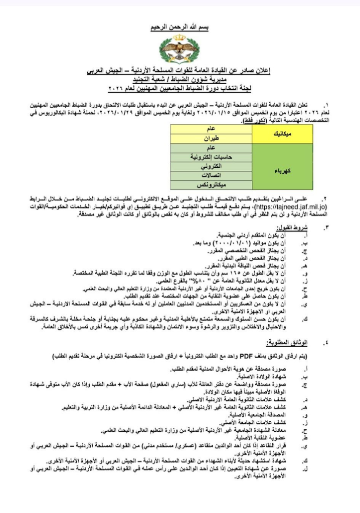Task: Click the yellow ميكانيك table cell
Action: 280,135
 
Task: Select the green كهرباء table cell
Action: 280,171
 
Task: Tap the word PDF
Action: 244,356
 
